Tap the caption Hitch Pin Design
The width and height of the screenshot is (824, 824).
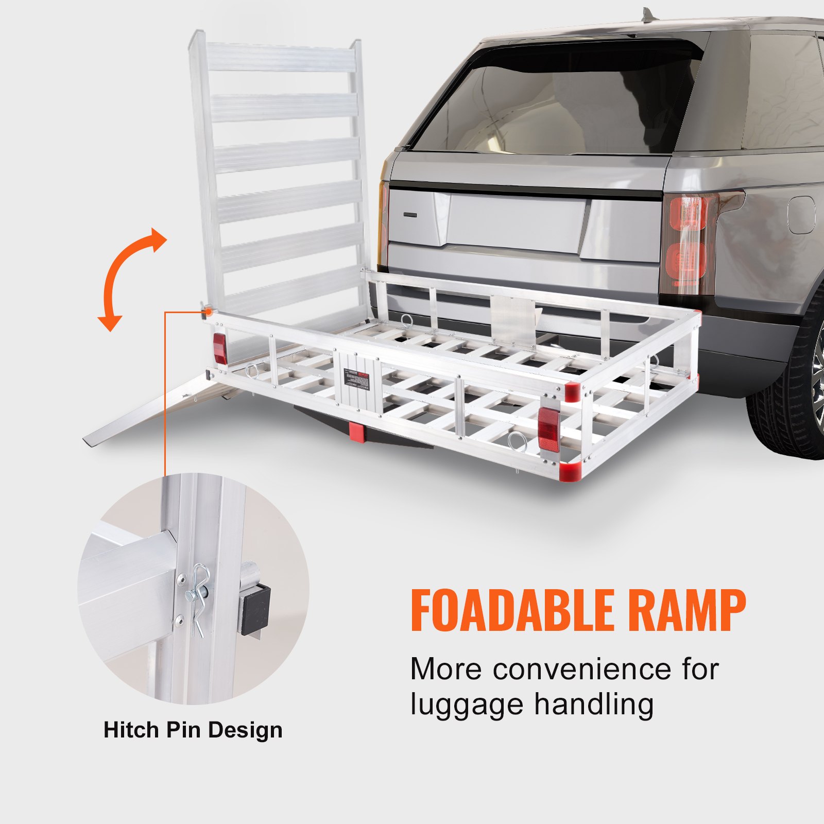(193, 730)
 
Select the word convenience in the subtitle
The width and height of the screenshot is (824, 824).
(589, 669)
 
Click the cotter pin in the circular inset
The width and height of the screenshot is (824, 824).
(198, 597)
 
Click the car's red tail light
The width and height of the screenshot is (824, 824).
(687, 242)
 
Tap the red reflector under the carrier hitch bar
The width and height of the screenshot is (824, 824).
(356, 431)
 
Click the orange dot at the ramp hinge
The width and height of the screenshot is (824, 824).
(208, 312)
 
